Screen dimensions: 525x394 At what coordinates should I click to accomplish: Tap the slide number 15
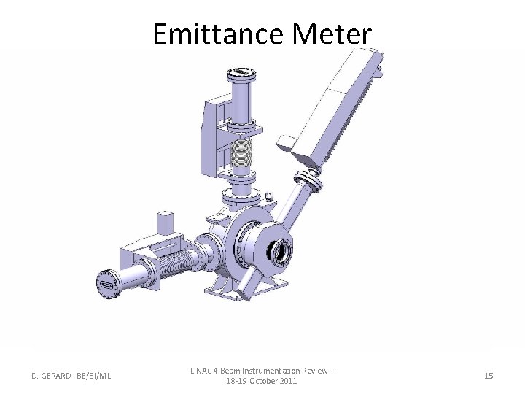(x=489, y=376)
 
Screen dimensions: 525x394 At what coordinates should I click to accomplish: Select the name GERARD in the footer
(x=55, y=376)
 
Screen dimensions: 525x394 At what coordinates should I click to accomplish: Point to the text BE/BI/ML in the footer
(x=94, y=376)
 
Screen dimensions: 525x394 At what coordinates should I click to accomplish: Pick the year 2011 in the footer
(x=289, y=381)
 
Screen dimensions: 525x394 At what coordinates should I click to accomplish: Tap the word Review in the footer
(x=315, y=371)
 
